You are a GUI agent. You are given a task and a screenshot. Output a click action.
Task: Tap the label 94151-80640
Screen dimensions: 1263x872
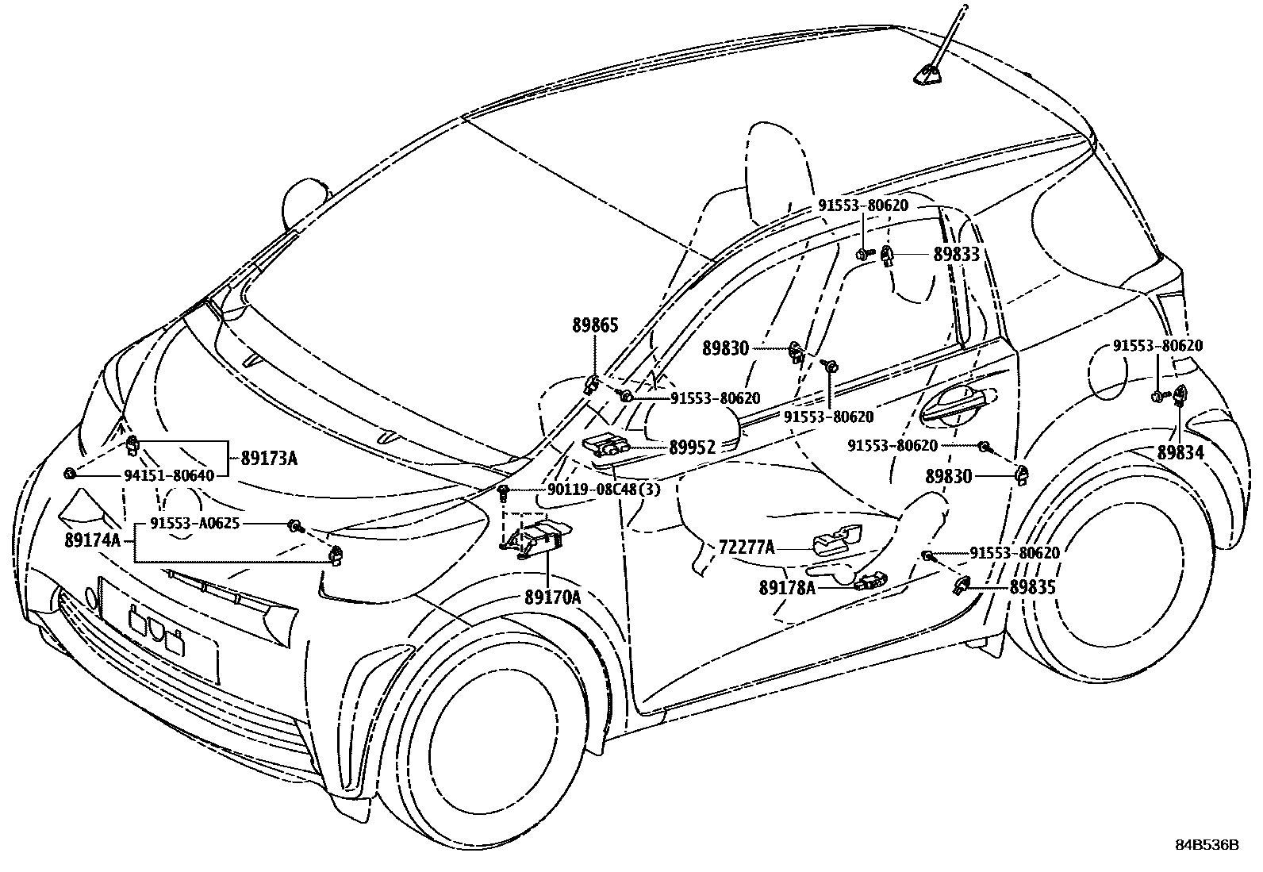[169, 475]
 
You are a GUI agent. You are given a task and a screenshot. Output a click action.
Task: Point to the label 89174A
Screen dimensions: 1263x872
[92, 541]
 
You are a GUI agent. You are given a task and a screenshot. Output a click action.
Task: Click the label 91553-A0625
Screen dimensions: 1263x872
[194, 524]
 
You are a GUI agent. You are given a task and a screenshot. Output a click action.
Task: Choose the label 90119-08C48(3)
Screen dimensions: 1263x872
[603, 490]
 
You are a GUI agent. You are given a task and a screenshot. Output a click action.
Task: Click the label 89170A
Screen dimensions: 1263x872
[551, 597]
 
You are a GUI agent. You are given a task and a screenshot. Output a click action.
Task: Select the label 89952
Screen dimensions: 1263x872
[692, 448]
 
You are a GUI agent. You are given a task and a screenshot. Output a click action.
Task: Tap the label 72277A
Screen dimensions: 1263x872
[746, 547]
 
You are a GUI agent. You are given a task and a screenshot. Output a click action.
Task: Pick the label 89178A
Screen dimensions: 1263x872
[787, 588]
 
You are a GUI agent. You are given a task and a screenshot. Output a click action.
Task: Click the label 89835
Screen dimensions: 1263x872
[1032, 588]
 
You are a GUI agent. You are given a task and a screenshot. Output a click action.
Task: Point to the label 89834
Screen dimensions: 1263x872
[1180, 452]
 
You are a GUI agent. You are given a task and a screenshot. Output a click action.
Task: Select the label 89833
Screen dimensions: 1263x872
[956, 255]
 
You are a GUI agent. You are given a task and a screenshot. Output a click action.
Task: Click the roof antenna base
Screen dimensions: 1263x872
[926, 75]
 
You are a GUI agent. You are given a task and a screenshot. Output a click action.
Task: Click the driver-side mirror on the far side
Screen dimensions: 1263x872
[305, 194]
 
